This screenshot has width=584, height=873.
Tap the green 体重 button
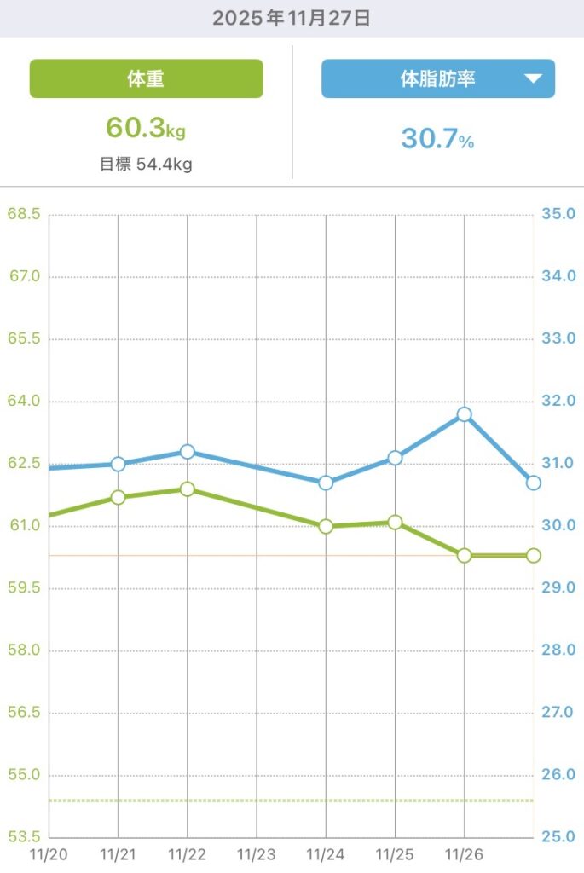tap(146, 79)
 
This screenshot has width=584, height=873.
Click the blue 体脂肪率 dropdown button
tap(437, 79)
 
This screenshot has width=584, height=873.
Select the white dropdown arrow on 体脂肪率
tap(533, 79)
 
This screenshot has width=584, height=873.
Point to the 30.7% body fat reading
tap(437, 139)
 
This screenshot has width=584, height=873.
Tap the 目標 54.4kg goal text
tap(146, 164)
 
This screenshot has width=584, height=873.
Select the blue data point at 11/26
tap(464, 414)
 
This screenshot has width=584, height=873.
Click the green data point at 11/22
tap(188, 489)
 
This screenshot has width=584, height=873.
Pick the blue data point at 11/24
tap(326, 483)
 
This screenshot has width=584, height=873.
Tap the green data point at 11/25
tap(395, 522)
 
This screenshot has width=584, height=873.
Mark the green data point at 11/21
tap(119, 497)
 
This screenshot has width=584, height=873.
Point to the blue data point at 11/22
tap(188, 451)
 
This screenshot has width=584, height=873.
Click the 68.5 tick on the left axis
tap(24, 214)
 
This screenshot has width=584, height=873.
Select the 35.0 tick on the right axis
tap(558, 214)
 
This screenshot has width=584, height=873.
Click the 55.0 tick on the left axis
tap(24, 775)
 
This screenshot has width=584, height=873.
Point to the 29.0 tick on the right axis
tap(558, 588)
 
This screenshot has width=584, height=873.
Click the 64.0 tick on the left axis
tap(24, 401)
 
